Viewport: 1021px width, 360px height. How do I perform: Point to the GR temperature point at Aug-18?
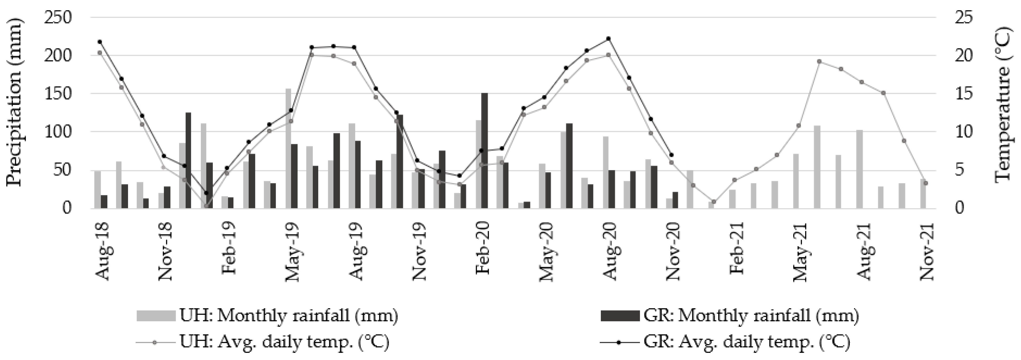tap(100, 42)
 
